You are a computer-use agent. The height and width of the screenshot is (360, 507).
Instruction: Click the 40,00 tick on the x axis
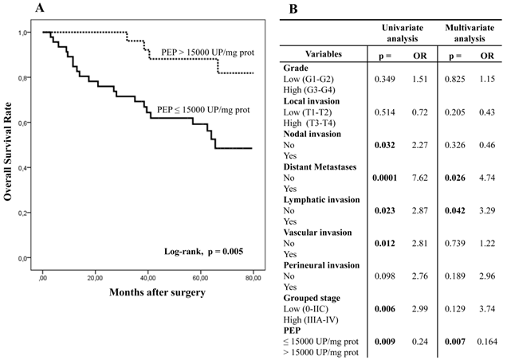click(148, 276)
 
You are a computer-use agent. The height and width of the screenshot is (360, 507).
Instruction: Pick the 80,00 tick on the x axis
click(253, 276)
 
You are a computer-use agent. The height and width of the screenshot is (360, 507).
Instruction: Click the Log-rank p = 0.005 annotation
click(199, 252)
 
